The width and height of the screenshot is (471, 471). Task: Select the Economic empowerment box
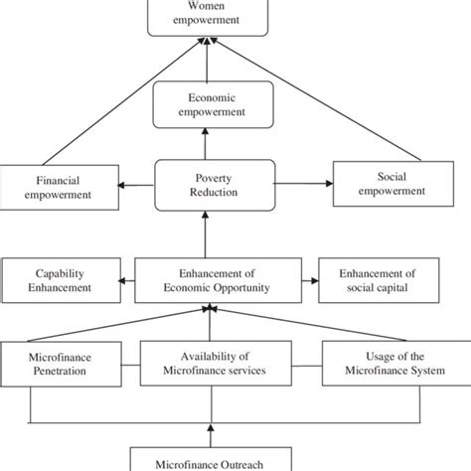tap(214, 104)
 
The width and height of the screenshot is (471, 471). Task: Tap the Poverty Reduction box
tap(215, 185)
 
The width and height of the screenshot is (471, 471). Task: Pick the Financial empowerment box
tap(59, 188)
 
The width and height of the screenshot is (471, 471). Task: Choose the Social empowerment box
tap(393, 184)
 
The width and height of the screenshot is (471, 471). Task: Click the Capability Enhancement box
tap(62, 280)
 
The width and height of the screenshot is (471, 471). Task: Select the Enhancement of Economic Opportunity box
tap(219, 280)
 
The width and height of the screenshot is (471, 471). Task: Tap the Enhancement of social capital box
tap(379, 280)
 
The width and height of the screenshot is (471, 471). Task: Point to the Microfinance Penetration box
tap(61, 364)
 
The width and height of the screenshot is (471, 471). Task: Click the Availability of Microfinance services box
tap(216, 364)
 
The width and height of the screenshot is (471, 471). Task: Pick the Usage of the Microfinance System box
tap(396, 364)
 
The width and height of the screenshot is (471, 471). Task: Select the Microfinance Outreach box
tap(211, 459)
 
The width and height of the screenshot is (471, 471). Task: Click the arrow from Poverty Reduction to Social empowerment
tap(304, 184)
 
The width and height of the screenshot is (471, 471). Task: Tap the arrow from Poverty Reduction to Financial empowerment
tap(136, 185)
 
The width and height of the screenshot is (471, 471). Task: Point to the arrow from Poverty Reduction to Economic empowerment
tap(206, 144)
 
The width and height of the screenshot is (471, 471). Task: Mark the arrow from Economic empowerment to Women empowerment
tap(207, 60)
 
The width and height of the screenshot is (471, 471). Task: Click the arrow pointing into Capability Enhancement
tap(126, 281)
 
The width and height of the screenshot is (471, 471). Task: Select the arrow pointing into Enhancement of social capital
tap(310, 281)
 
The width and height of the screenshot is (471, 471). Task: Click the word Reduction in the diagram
tap(214, 192)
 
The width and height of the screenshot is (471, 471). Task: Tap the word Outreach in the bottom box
tap(241, 465)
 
